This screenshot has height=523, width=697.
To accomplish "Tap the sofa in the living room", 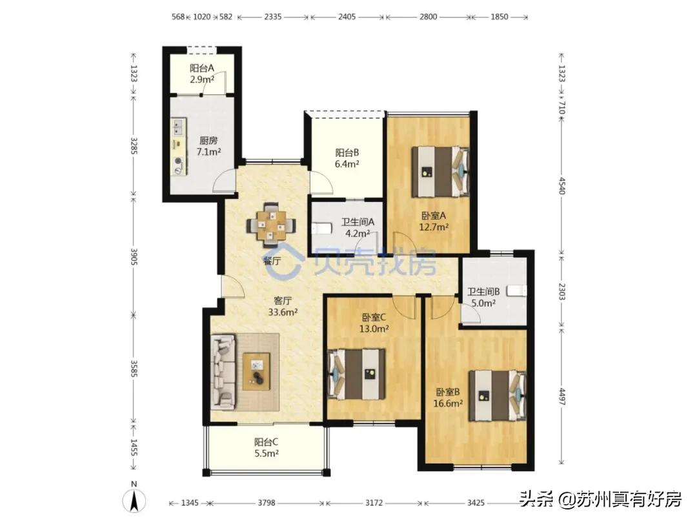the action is pyautogui.click(x=223, y=372).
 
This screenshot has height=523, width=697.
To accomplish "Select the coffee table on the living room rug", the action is pyautogui.click(x=257, y=372).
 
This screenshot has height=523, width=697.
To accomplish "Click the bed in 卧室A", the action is pyautogui.click(x=441, y=172).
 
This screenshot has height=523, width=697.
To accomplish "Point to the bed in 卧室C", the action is pyautogui.click(x=356, y=374).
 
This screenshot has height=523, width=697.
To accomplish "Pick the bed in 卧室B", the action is pyautogui.click(x=498, y=395).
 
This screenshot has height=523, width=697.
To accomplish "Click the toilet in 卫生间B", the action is pyautogui.click(x=517, y=291).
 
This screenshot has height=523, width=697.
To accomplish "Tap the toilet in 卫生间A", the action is pyautogui.click(x=321, y=229).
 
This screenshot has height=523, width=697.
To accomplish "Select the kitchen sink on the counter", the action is pyautogui.click(x=179, y=127).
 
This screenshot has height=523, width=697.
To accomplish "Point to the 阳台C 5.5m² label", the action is pyautogui.click(x=267, y=448).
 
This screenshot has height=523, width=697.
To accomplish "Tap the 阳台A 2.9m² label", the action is pyautogui.click(x=202, y=74).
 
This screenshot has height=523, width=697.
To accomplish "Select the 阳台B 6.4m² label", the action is pyautogui.click(x=347, y=158).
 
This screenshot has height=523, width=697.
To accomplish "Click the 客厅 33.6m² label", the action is pyautogui.click(x=283, y=307).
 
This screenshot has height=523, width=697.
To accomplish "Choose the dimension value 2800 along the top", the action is pyautogui.click(x=428, y=17).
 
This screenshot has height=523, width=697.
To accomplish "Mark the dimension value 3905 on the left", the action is pyautogui.click(x=134, y=256).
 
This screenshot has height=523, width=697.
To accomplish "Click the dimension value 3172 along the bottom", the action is pyautogui.click(x=374, y=503).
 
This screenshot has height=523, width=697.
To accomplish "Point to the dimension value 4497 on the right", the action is pyautogui.click(x=562, y=396).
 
